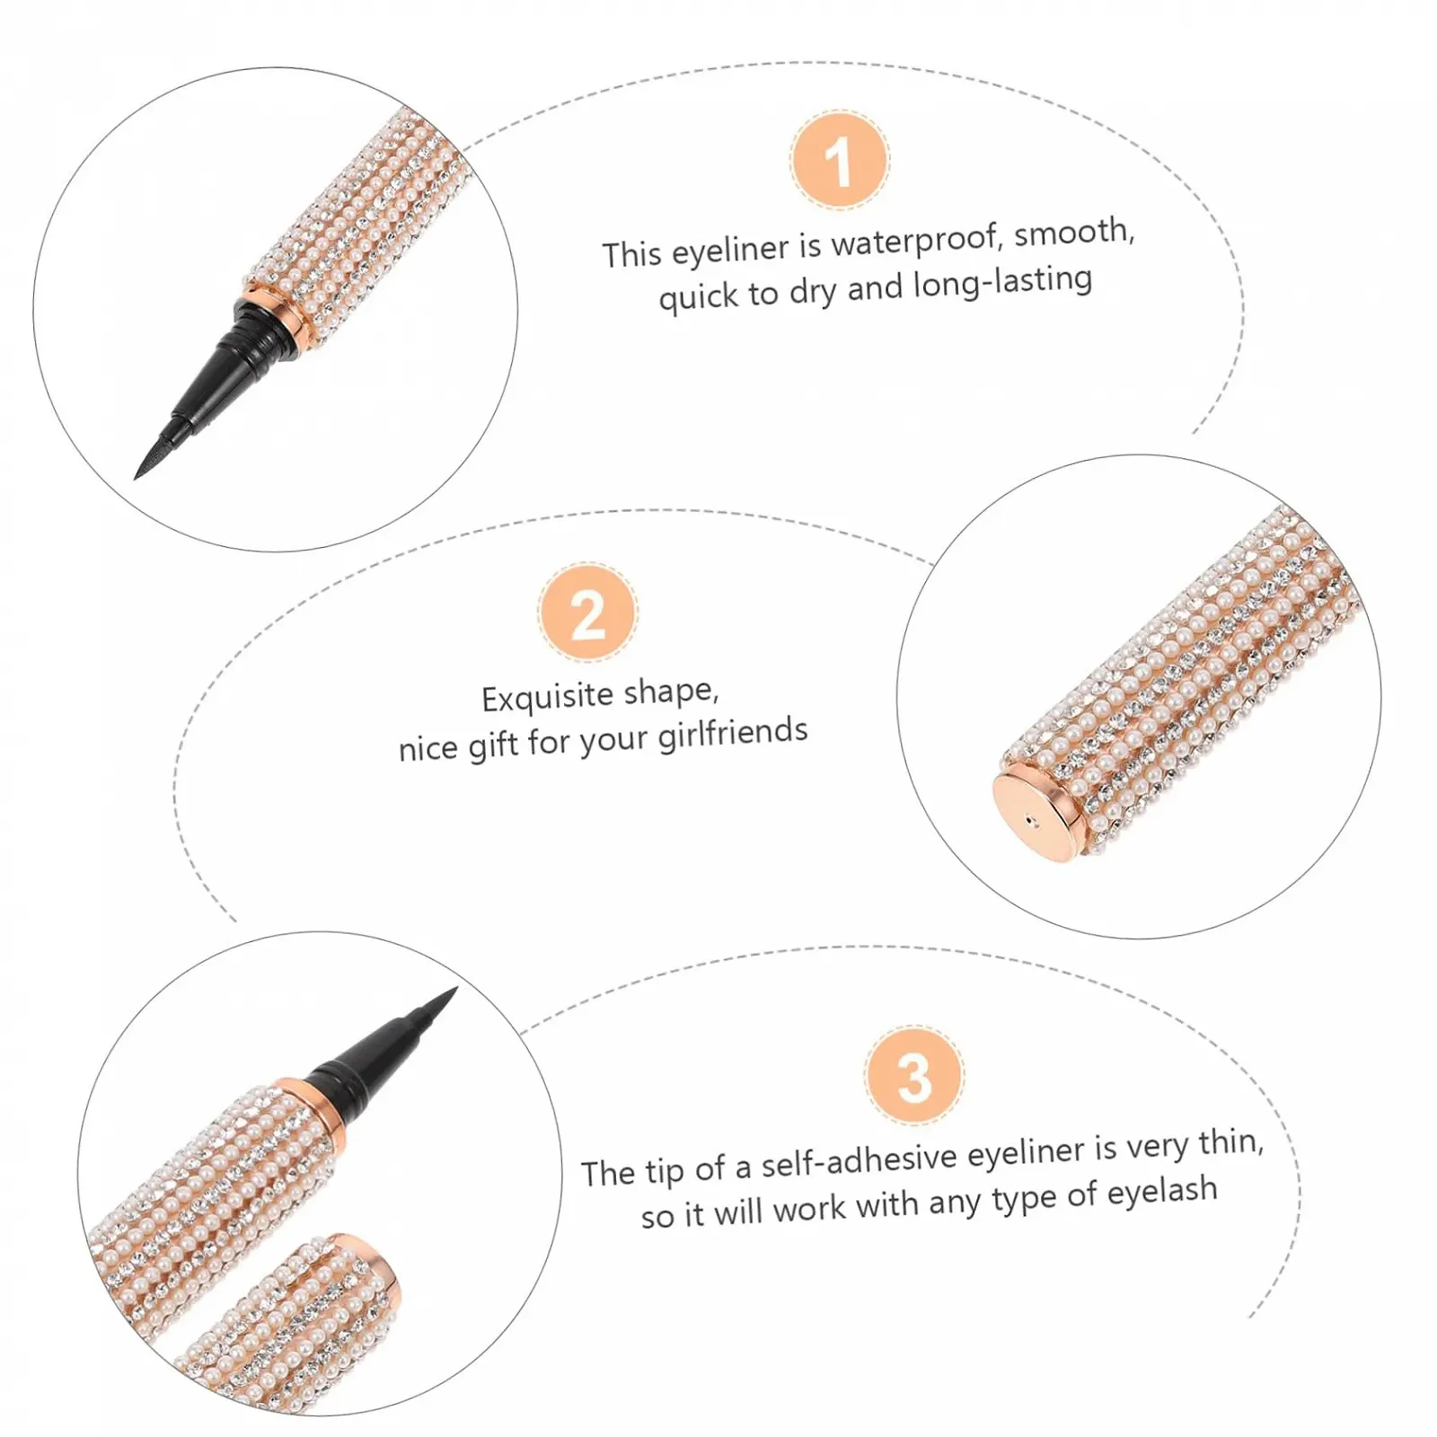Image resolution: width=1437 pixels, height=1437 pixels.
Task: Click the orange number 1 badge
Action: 840,161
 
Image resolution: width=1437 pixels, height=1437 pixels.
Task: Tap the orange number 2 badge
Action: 588,613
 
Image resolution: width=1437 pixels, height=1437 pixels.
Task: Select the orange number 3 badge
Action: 914,1075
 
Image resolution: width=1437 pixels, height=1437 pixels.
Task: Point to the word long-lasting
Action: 1003,283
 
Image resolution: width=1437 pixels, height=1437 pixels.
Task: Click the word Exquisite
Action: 549,698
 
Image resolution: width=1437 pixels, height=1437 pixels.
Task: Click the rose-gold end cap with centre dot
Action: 1037,812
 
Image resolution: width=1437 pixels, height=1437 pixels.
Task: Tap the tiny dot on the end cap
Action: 1030,819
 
